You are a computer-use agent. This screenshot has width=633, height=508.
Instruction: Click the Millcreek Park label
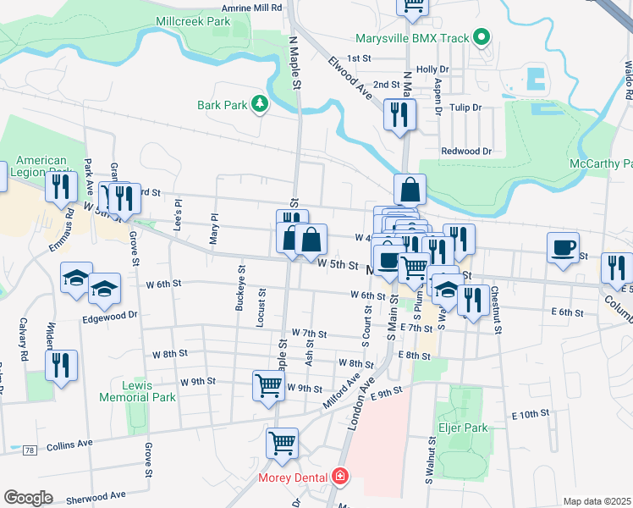[193, 19]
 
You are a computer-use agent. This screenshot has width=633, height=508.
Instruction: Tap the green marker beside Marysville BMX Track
[482, 37]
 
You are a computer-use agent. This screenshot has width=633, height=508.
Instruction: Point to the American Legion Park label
[41, 167]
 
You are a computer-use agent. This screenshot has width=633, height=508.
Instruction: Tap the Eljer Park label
[463, 428]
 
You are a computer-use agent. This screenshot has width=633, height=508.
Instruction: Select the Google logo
[28, 497]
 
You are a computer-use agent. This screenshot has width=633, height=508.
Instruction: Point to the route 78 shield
[30, 450]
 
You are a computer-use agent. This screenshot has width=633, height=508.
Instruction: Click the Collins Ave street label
[69, 444]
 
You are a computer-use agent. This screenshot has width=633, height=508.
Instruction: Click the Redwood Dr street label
[466, 151]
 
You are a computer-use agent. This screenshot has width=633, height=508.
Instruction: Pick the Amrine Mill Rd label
[254, 7]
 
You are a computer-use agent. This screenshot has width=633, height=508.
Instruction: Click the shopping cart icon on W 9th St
[268, 385]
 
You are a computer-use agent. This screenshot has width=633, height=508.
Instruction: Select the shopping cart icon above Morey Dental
[283, 442]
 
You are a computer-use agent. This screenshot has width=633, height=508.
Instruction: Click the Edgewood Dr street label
[110, 315]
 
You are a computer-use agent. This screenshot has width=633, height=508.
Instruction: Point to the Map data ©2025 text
[596, 501]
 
